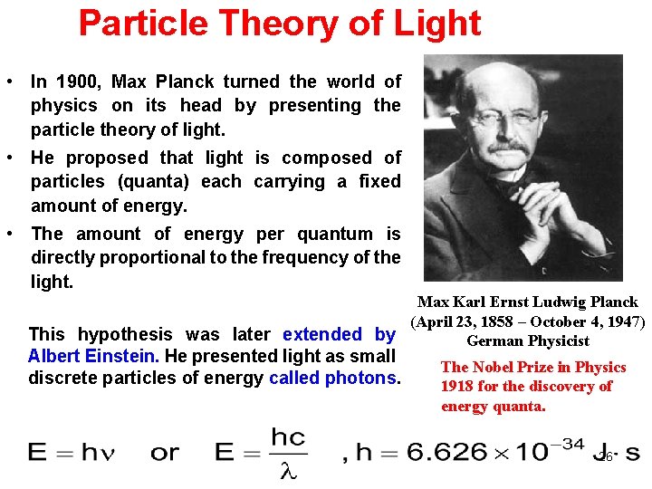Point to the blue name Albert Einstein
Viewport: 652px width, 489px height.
pos(93,357)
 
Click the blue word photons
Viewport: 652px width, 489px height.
pos(360,378)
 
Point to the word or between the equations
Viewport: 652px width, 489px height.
pos(165,451)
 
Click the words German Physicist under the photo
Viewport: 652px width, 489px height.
pos(527,341)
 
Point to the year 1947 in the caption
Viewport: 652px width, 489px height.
pos(624,321)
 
